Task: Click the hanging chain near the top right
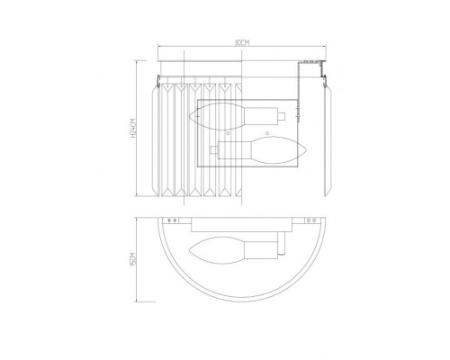(304, 85)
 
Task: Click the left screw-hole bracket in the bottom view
(172, 219)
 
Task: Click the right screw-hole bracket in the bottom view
(311, 219)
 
